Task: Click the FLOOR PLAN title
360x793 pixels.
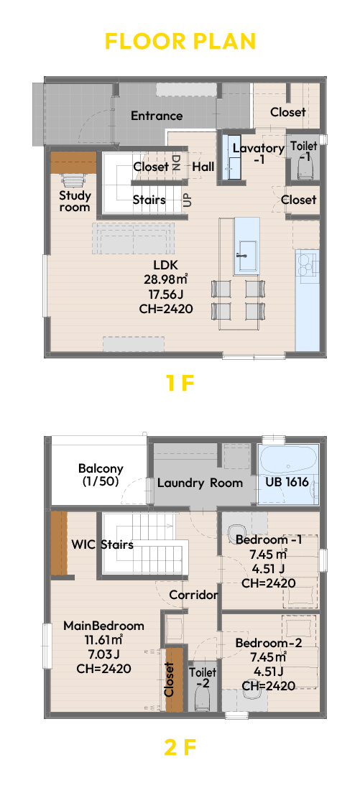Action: click(180, 42)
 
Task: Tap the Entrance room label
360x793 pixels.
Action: click(157, 116)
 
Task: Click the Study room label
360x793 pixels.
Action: click(75, 201)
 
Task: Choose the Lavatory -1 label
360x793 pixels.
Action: click(259, 153)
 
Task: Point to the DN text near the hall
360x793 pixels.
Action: click(177, 162)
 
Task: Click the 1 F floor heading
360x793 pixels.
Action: click(180, 384)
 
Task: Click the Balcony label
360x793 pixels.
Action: click(101, 474)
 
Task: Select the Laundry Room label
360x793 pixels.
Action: click(200, 483)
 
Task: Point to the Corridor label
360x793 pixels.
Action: click(193, 594)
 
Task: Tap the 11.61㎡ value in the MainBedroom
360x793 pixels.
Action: click(103, 640)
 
